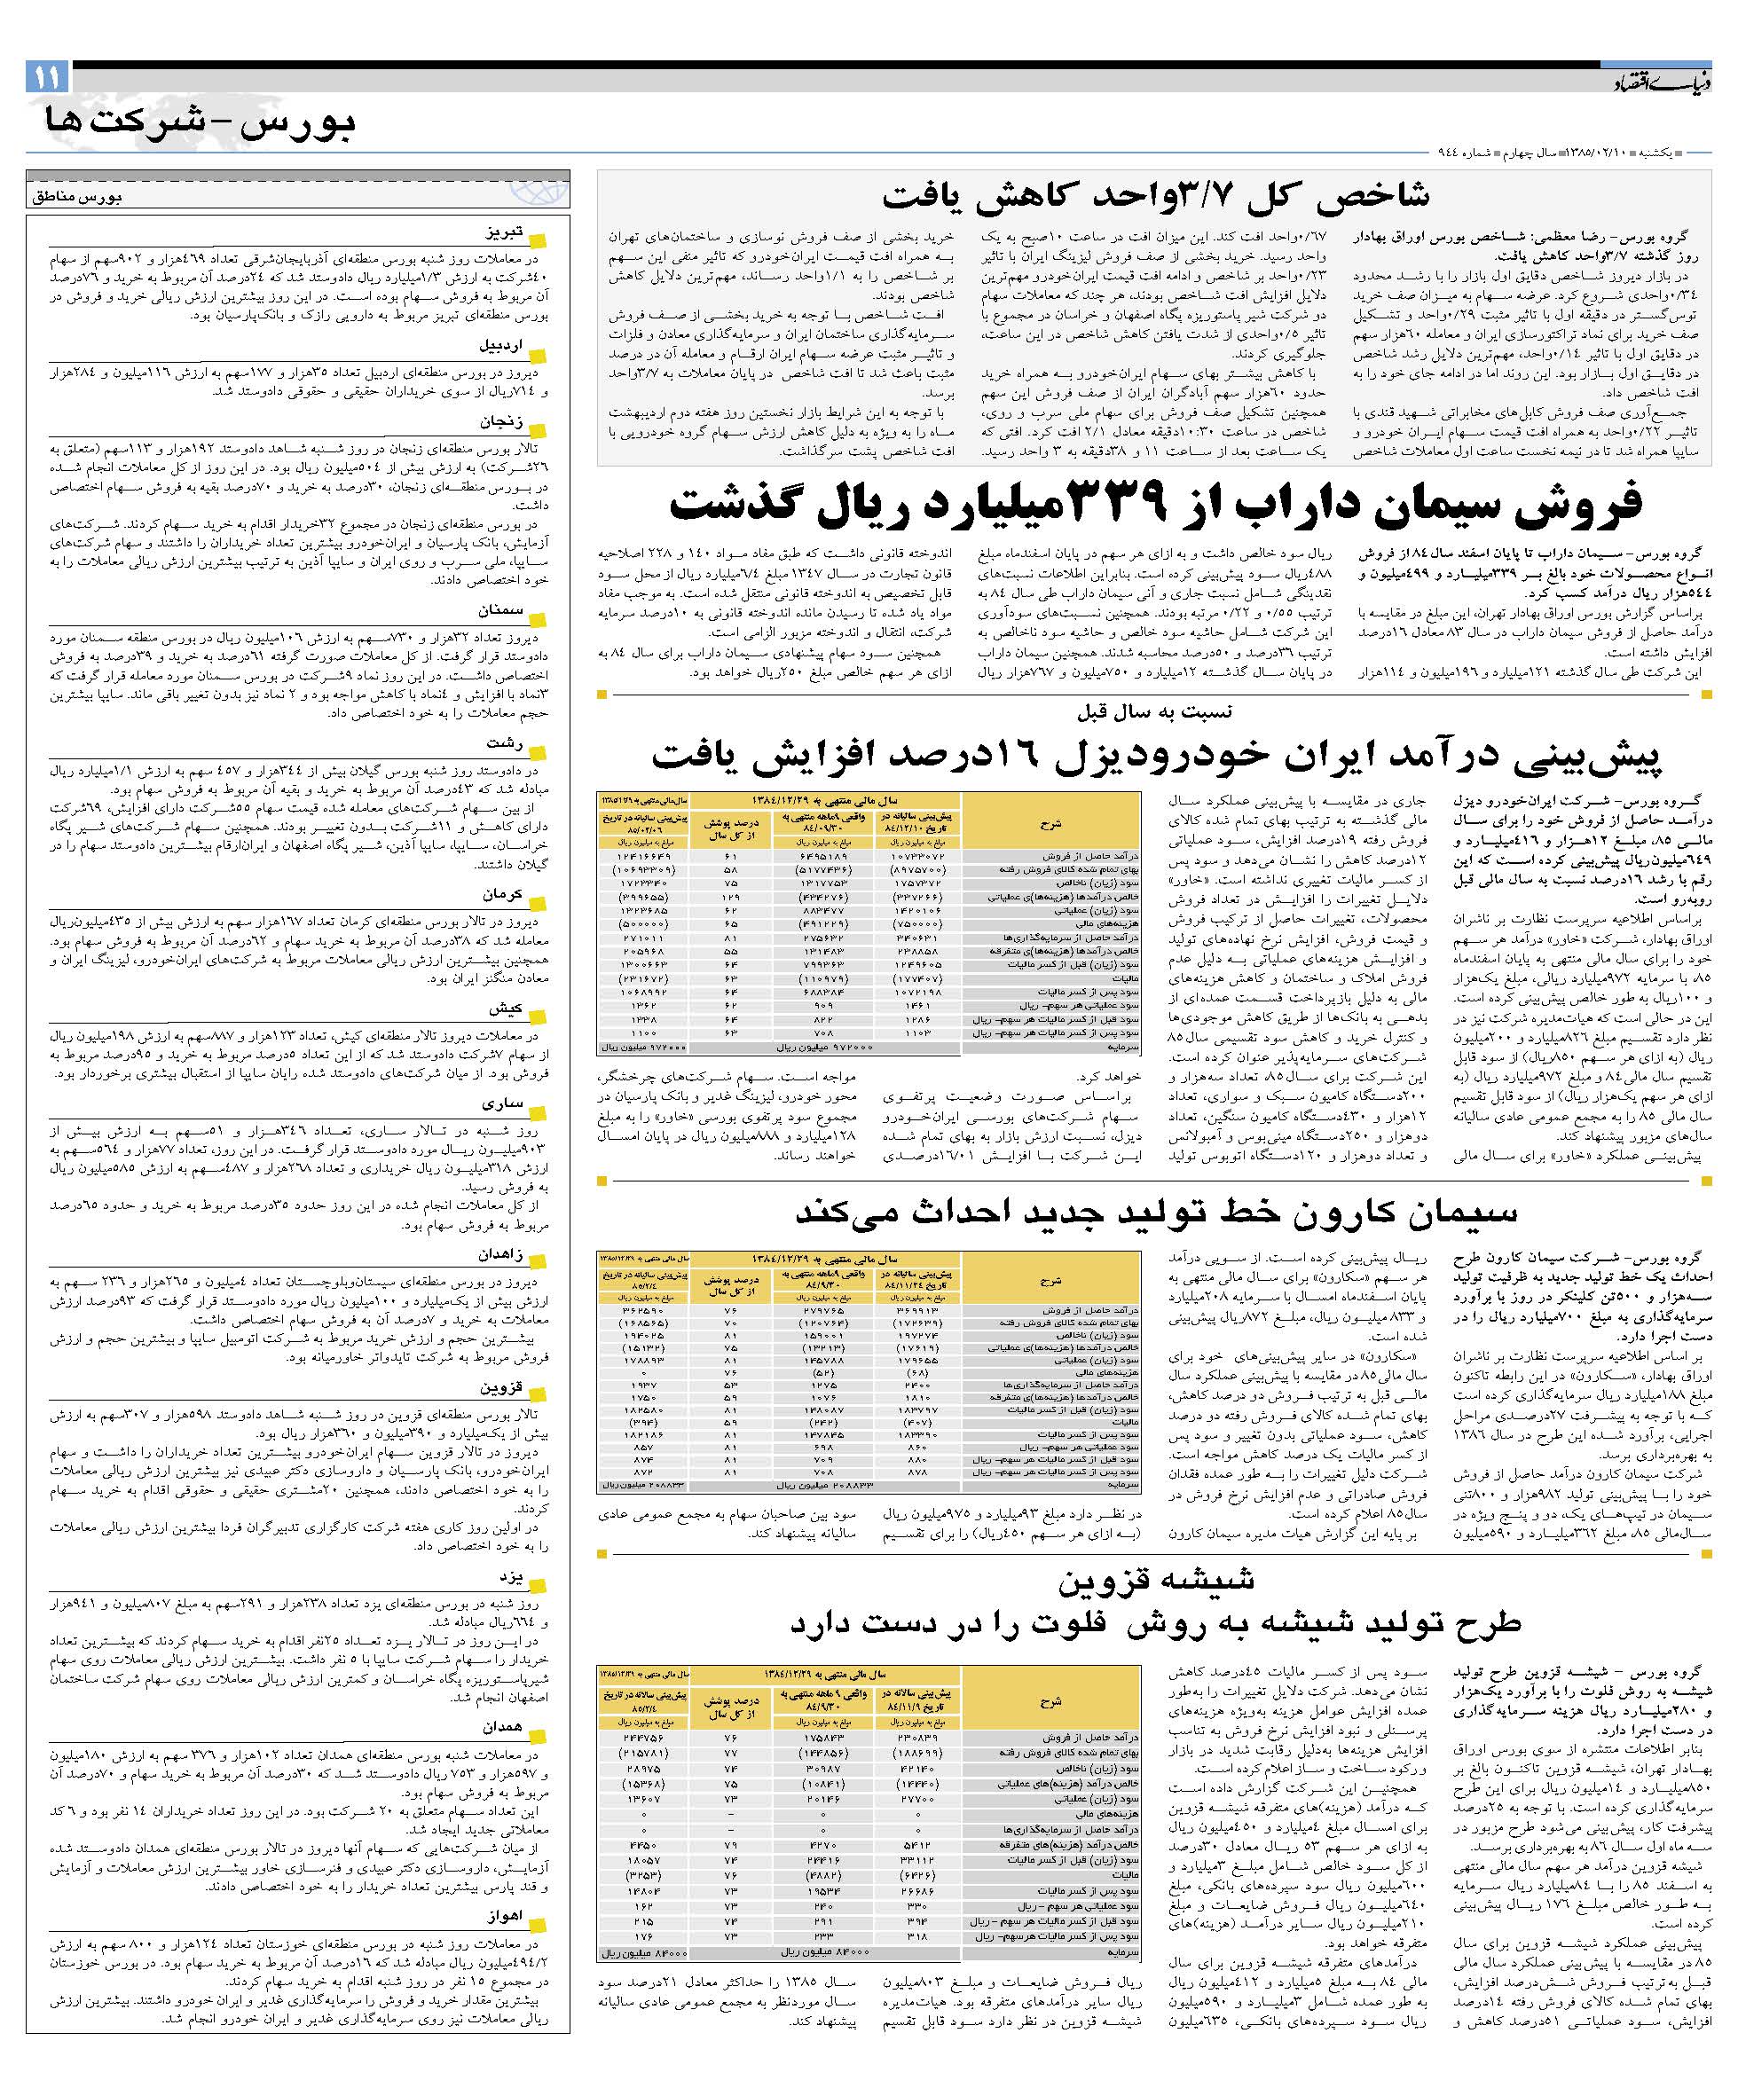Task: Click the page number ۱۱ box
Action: pyautogui.click(x=46, y=76)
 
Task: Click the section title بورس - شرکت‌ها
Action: pyautogui.click(x=201, y=124)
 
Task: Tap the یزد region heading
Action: pyautogui.click(x=510, y=1578)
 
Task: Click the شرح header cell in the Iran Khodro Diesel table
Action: pyautogui.click(x=1050, y=824)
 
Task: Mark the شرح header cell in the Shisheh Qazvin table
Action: pyautogui.click(x=1050, y=1700)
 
